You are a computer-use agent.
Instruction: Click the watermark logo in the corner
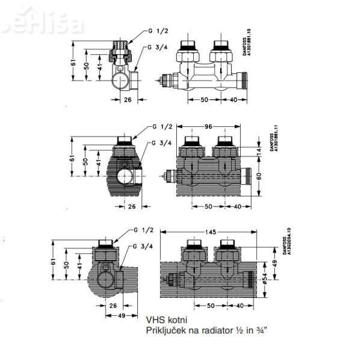click(27, 24)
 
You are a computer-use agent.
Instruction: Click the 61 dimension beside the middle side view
click(72, 158)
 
